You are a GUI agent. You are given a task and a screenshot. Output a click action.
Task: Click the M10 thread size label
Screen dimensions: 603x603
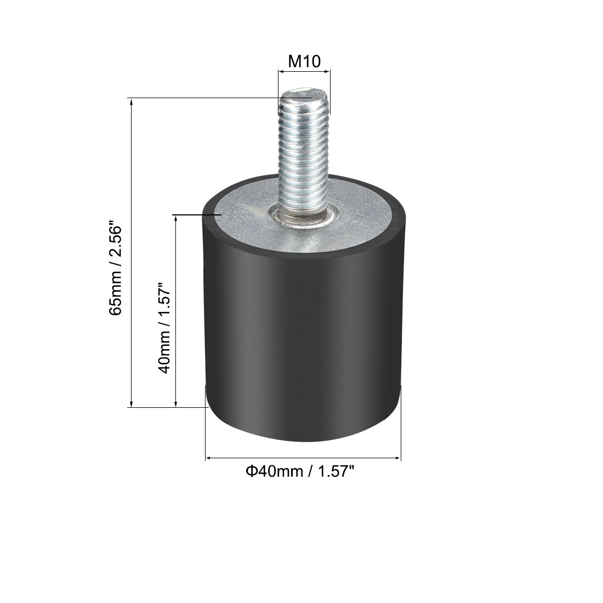click(304, 61)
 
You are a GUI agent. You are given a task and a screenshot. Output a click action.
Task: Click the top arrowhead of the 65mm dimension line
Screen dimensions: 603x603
click(131, 102)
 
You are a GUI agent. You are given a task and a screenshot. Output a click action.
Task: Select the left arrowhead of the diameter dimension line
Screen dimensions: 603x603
click(209, 458)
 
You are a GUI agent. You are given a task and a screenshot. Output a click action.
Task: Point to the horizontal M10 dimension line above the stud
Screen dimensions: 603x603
click(304, 71)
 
